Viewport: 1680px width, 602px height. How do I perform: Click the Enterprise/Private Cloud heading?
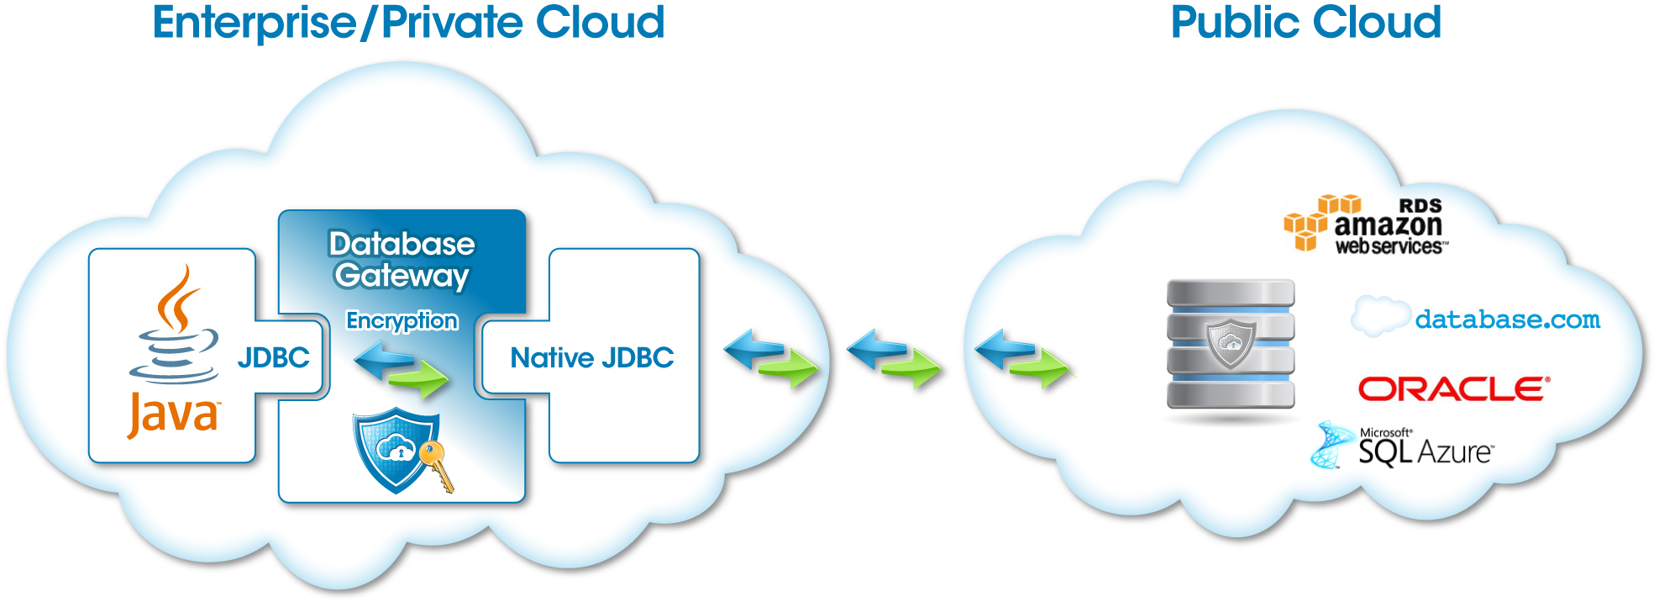(x=408, y=23)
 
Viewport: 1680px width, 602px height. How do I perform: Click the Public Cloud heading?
(x=1305, y=23)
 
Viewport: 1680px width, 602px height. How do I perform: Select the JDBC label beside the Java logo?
(x=273, y=357)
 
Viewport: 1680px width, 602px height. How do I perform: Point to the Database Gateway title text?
(x=402, y=260)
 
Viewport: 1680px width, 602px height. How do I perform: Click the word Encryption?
(x=402, y=320)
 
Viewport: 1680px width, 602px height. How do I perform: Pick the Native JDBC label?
(x=591, y=357)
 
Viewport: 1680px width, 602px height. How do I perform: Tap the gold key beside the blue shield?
(x=438, y=466)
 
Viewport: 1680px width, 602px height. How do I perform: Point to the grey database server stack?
(x=1231, y=345)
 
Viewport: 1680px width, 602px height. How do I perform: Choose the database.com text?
(x=1507, y=319)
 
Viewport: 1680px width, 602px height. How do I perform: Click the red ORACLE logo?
(x=1453, y=389)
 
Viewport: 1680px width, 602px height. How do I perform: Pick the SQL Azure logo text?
(x=1425, y=451)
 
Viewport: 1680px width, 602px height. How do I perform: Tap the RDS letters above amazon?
(x=1420, y=206)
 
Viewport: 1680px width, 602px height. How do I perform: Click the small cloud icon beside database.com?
(x=1380, y=316)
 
